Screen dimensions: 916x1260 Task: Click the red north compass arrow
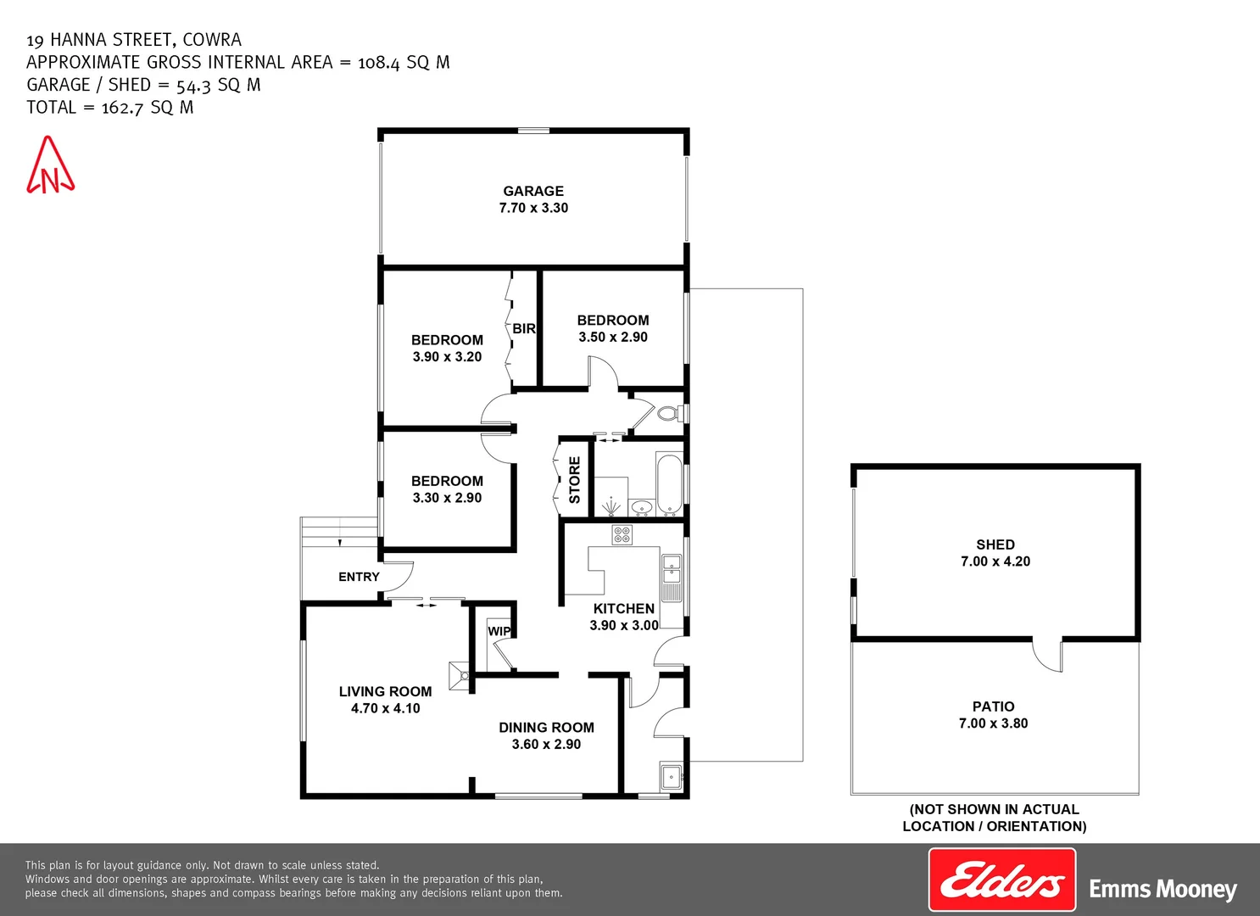click(50, 166)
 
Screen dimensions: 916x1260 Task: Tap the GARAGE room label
click(533, 192)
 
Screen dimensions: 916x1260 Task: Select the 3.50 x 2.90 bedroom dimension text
click(613, 337)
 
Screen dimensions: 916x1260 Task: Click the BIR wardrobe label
click(524, 329)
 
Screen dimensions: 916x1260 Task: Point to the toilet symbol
click(668, 414)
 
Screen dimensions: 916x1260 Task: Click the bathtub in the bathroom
click(669, 484)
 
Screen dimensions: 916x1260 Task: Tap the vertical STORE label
click(575, 480)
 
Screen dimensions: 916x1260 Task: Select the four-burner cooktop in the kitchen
click(622, 534)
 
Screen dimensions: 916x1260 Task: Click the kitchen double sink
click(671, 568)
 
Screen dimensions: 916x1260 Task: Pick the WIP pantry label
click(499, 631)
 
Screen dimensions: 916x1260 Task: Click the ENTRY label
click(359, 577)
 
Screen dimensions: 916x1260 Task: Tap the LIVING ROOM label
click(385, 692)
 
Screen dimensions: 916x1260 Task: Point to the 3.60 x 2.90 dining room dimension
click(546, 745)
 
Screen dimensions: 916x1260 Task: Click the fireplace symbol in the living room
click(460, 676)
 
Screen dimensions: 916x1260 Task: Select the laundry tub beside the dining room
click(671, 775)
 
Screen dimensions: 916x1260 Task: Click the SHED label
click(995, 545)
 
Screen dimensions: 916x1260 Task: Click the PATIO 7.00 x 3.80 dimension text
click(993, 723)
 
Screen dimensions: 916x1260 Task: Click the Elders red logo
click(1001, 880)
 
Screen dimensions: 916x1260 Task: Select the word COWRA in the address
click(212, 40)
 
